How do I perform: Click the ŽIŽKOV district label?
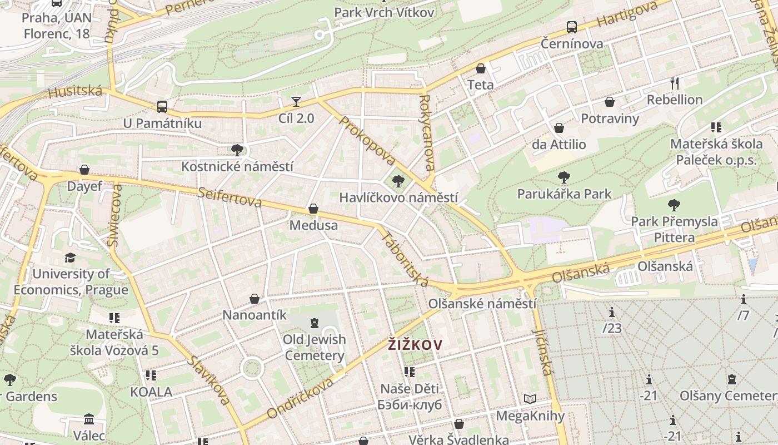415,345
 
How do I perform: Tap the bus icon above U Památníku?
162,106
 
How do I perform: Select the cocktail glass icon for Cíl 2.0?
296,101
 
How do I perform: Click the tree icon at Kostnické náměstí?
237,150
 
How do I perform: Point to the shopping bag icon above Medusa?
313,209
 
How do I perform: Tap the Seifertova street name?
230,196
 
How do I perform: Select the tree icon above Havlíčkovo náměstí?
398,181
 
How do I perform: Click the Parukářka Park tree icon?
564,177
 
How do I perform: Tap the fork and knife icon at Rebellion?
675,83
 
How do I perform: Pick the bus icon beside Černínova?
571,27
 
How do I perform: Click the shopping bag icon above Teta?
481,68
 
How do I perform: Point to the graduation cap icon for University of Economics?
70,258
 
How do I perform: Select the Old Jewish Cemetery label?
315,347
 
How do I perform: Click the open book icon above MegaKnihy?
530,399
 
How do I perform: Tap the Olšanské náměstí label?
482,304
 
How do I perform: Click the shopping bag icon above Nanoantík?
255,299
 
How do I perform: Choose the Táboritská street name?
405,259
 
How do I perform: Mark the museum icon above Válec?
89,418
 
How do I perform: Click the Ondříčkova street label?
301,398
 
